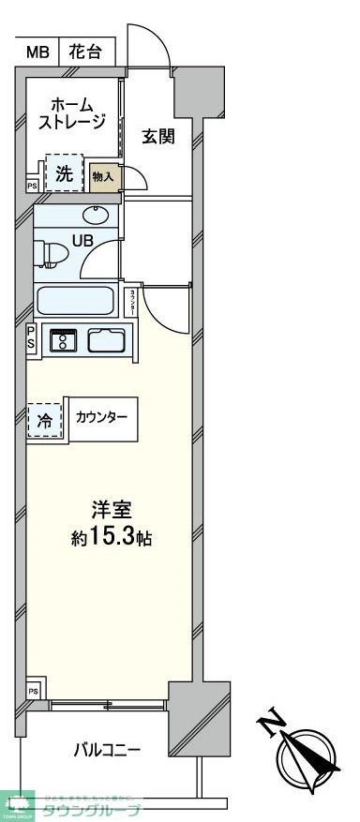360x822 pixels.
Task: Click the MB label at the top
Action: (37, 52)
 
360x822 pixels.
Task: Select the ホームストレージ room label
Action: (69, 112)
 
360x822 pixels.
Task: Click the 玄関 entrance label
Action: (158, 137)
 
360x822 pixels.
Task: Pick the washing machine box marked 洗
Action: (64, 172)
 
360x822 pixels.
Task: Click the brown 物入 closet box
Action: (104, 176)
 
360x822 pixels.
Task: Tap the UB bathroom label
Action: (82, 241)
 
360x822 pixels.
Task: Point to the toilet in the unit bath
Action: (49, 253)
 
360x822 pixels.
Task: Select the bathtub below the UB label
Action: (75, 303)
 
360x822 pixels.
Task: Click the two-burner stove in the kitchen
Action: (65, 339)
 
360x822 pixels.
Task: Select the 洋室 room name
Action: (111, 511)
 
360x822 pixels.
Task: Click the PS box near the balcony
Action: (33, 691)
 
